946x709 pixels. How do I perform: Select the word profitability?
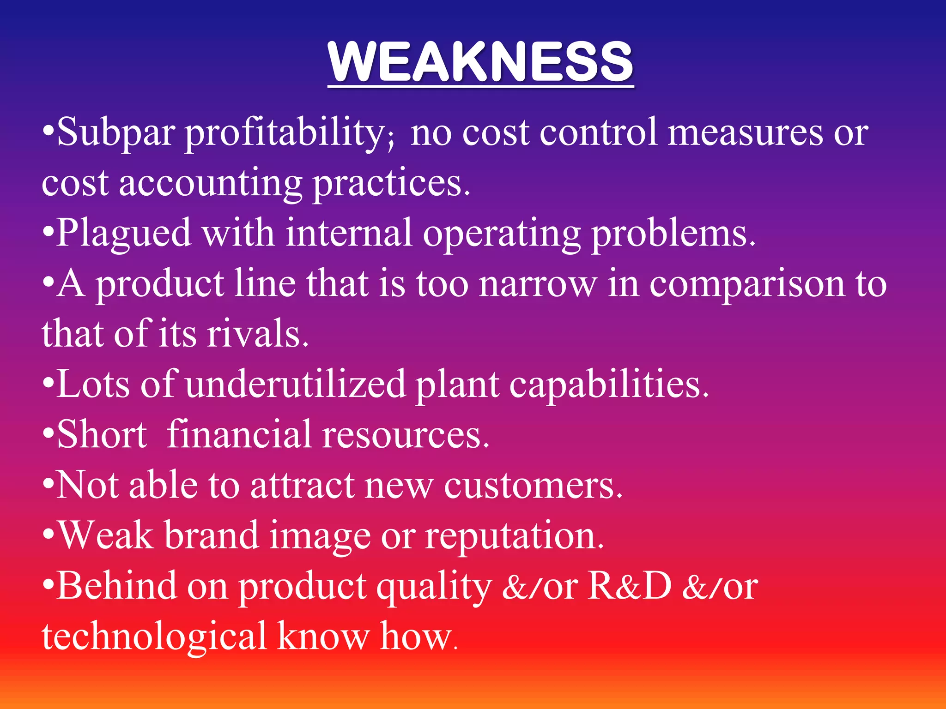289,134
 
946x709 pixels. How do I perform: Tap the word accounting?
210,184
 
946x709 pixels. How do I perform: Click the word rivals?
257,334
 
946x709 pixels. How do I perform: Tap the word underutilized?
296,384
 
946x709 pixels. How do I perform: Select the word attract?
303,486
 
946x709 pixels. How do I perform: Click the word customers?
533,486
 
